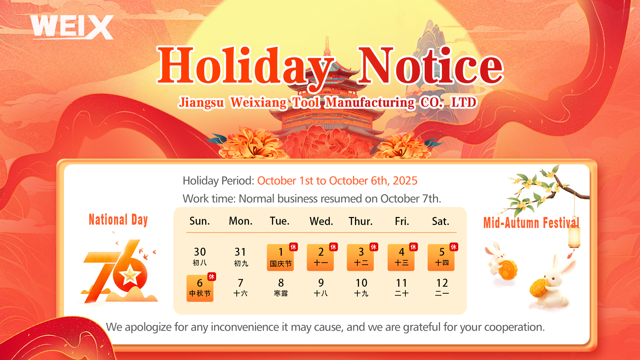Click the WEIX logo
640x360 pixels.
point(72,27)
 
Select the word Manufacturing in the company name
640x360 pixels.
point(370,102)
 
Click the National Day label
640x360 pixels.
point(118,220)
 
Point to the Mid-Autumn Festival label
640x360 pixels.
point(531,223)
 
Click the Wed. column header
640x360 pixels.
point(321,221)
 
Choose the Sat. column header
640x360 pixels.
point(441,221)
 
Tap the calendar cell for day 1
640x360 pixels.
point(280,257)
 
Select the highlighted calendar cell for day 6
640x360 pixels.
point(200,288)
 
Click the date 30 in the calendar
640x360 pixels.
point(200,252)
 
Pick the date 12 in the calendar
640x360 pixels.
point(442,283)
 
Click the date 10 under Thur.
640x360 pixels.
point(361,283)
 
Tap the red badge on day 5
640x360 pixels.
point(454,247)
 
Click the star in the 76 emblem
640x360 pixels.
point(130,275)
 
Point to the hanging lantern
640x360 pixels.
point(574,237)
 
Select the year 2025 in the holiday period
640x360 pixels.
point(405,181)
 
